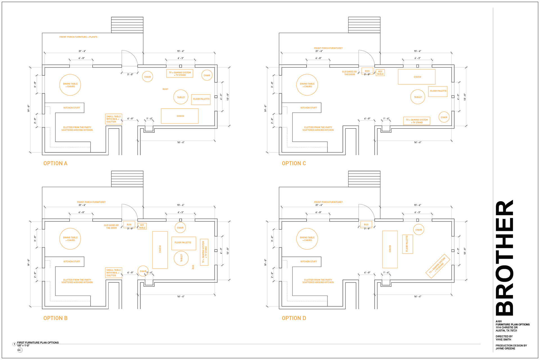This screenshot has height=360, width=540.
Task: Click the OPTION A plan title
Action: (x=55, y=163)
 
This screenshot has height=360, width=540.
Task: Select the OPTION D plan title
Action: (x=294, y=318)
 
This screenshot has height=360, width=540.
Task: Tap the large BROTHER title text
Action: (x=505, y=258)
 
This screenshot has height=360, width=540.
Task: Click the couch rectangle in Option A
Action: (x=180, y=116)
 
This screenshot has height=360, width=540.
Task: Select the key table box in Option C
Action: (x=380, y=73)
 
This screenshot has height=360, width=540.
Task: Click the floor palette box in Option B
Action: (x=184, y=243)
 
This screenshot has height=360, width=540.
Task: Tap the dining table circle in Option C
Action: (x=307, y=85)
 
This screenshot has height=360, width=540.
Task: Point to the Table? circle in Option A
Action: (x=181, y=97)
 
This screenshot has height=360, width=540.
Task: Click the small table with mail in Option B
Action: (x=114, y=273)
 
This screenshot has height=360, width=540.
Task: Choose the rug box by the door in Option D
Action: (x=366, y=224)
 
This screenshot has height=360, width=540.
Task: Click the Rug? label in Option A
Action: (x=165, y=89)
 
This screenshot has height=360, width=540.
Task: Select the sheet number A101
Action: (x=499, y=321)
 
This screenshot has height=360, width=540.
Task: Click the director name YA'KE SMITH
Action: (x=503, y=339)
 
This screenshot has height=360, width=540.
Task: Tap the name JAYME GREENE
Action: (x=505, y=348)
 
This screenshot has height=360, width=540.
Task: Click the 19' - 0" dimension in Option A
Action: (x=28, y=109)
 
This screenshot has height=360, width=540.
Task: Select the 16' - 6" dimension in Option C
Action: (x=418, y=142)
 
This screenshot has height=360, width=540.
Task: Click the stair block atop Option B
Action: (x=127, y=179)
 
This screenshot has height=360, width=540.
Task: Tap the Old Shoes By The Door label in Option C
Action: (x=349, y=73)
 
